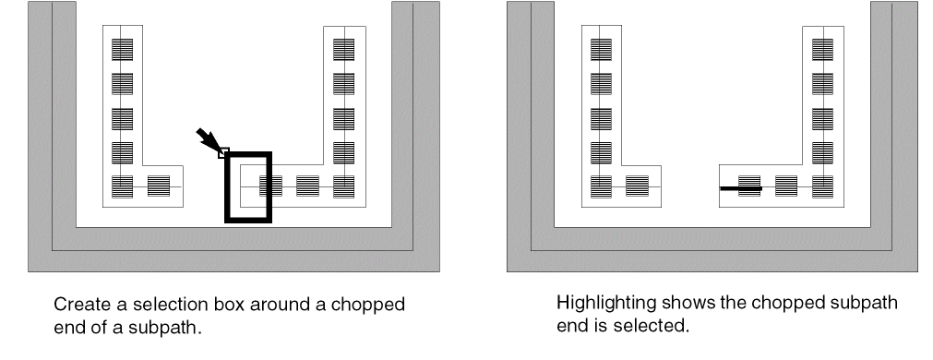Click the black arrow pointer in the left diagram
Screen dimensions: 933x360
pos(208,139)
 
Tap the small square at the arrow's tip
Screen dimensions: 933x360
pos(223,153)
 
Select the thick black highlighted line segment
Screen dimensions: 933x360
pos(741,188)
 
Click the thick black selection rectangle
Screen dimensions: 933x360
pos(226,187)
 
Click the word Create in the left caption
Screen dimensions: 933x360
pos(83,305)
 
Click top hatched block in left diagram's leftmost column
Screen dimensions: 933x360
pos(123,50)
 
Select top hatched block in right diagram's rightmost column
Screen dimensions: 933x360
pos(823,50)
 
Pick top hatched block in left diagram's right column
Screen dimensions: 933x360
pos(344,50)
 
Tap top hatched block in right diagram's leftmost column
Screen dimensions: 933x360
pos(601,50)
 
